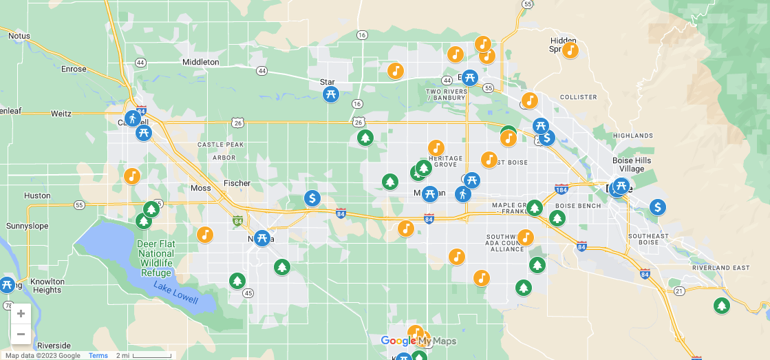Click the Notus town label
(19, 36)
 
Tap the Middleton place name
(200, 62)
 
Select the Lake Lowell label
(175, 294)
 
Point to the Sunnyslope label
(27, 226)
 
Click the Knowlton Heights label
(47, 286)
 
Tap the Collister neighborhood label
(578, 97)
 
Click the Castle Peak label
(220, 145)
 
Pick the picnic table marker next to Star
(331, 94)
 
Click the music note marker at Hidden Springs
(570, 50)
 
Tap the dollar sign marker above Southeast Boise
(658, 207)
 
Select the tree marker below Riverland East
(721, 305)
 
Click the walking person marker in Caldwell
(133, 118)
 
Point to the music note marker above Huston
(132, 176)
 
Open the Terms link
(98, 356)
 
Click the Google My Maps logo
(418, 341)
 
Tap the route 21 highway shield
(679, 291)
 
